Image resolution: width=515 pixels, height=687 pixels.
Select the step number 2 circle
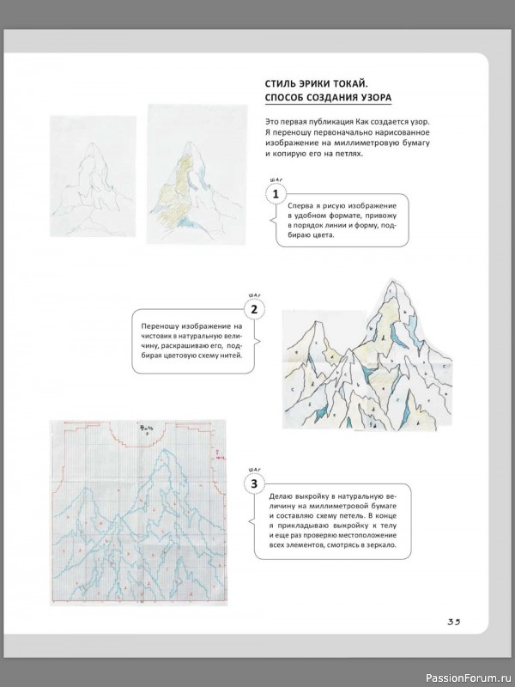[x=252, y=309]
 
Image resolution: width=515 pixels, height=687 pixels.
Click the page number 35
[x=453, y=623]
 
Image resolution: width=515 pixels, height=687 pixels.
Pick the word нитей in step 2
[x=232, y=356]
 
